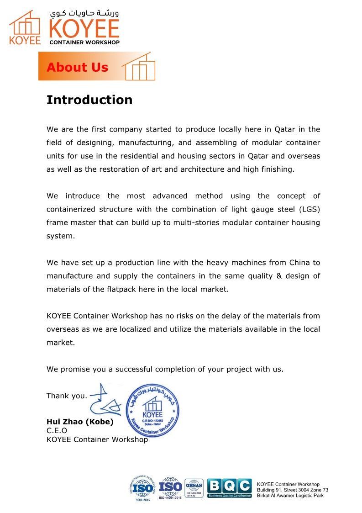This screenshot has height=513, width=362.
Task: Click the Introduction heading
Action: [89, 100]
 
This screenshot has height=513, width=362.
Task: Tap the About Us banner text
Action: [77, 68]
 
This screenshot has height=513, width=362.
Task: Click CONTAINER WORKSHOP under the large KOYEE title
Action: [84, 42]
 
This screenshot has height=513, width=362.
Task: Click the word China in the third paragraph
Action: [299, 263]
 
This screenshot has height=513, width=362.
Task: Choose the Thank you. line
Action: [67, 396]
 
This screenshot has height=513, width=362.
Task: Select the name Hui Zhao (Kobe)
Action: [80, 422]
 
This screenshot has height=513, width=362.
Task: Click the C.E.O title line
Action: [57, 430]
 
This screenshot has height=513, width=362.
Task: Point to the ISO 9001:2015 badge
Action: [143, 488]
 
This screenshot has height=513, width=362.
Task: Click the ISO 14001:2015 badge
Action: [170, 488]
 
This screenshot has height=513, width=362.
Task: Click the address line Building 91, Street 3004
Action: [292, 490]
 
